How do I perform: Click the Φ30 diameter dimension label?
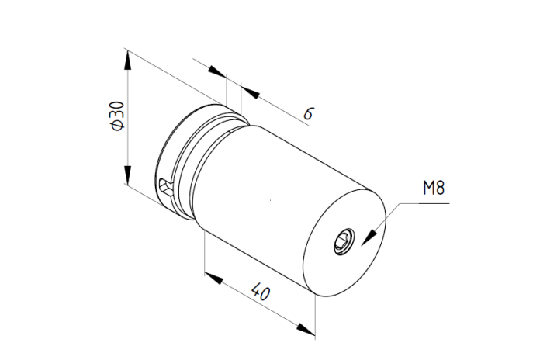[117, 116]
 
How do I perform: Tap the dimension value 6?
[309, 113]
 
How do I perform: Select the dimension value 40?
[261, 292]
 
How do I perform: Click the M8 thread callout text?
[434, 188]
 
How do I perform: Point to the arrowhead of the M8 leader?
[369, 237]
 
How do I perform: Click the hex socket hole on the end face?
[344, 241]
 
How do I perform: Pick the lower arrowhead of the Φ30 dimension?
[128, 175]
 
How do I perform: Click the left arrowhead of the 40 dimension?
[214, 278]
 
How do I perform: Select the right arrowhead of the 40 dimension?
[306, 329]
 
